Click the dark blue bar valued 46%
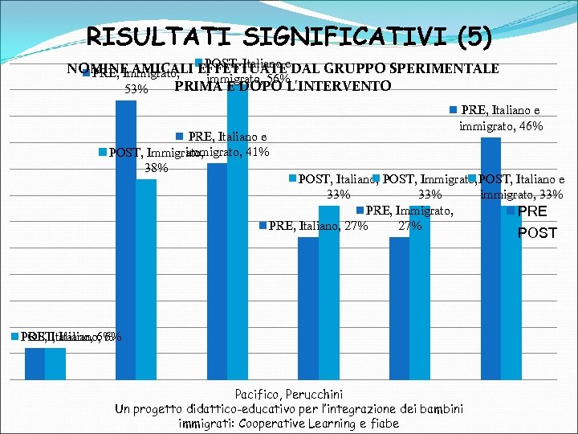pyautogui.click(x=490, y=257)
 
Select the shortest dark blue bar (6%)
pyautogui.click(x=35, y=362)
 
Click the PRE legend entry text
pyautogui.click(x=531, y=212)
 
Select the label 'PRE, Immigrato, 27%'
pyautogui.click(x=409, y=218)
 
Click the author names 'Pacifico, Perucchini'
pyautogui.click(x=288, y=395)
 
